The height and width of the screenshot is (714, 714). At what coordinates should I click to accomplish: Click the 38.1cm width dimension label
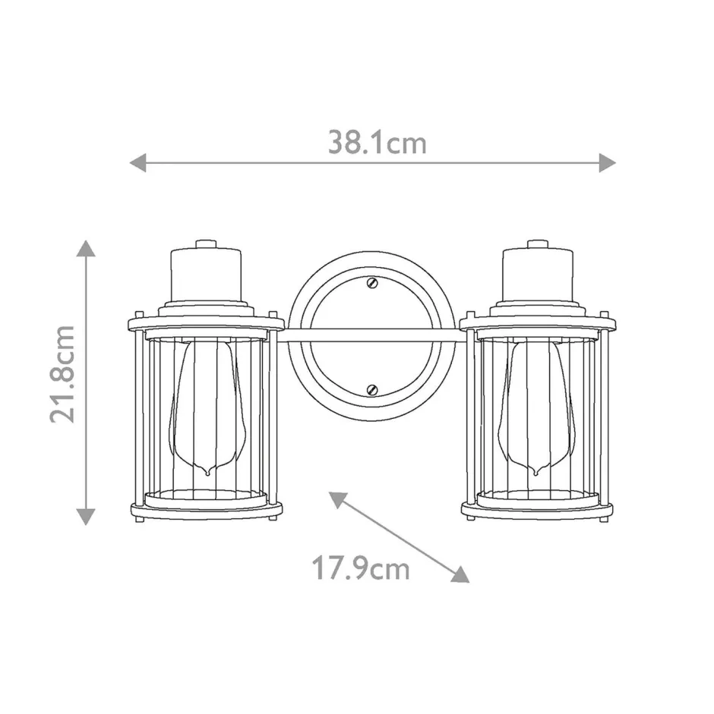coord(377,142)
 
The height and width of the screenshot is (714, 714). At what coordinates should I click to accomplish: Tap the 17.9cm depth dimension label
coord(361,568)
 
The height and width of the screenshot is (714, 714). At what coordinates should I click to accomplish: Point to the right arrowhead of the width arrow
coord(607,162)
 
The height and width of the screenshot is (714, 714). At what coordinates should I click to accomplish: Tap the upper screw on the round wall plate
coord(371,282)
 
